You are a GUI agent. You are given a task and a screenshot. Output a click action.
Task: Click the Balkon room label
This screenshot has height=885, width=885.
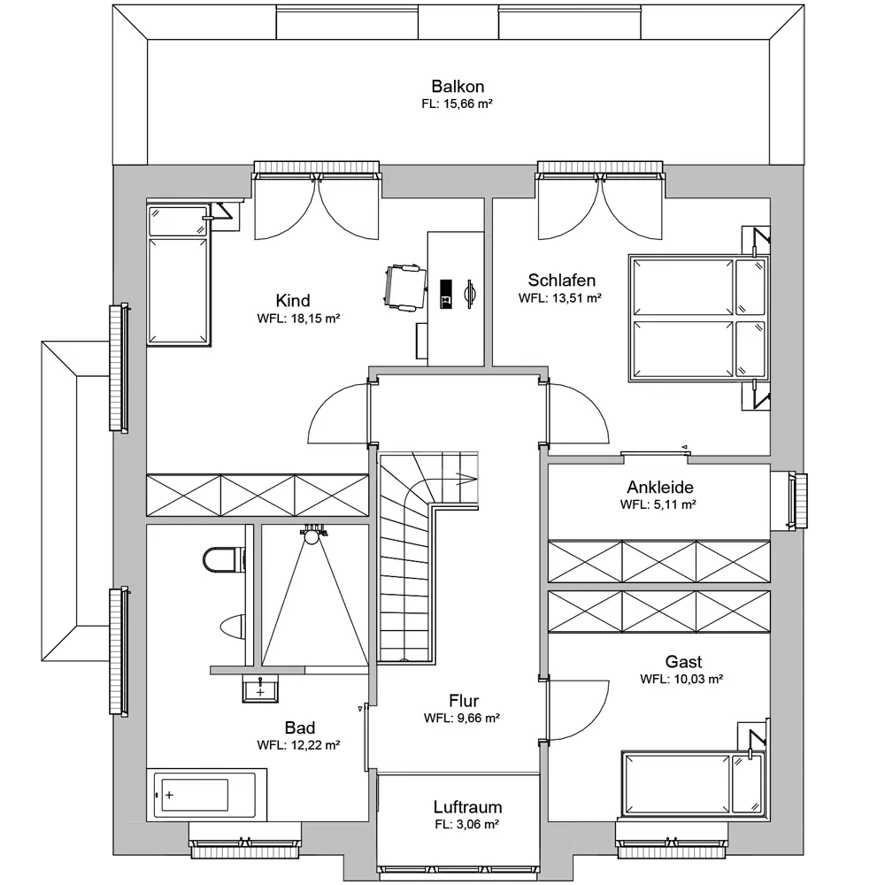458,87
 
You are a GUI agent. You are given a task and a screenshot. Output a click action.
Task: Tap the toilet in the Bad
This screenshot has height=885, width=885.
224,559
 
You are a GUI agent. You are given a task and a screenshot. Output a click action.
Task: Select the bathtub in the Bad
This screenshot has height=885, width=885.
206,794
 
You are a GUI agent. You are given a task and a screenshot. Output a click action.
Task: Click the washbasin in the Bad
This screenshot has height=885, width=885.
260,689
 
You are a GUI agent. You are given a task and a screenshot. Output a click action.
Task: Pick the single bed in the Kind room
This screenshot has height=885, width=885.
179,275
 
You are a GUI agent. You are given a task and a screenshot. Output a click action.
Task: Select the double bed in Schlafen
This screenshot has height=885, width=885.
699,318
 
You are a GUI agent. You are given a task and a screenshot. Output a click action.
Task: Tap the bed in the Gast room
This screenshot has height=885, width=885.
694,784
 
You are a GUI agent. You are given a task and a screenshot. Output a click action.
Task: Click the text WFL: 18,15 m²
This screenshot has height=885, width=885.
298,319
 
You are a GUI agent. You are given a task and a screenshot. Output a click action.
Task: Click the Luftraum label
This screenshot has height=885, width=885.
467,806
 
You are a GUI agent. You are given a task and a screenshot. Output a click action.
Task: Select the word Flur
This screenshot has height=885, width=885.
464,700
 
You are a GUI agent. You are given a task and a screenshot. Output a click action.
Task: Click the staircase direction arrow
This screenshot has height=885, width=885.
466,479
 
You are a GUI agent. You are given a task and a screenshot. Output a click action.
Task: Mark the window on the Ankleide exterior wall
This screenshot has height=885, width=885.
797,501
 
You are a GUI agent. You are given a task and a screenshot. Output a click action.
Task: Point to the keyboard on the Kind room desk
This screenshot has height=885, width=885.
446,294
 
